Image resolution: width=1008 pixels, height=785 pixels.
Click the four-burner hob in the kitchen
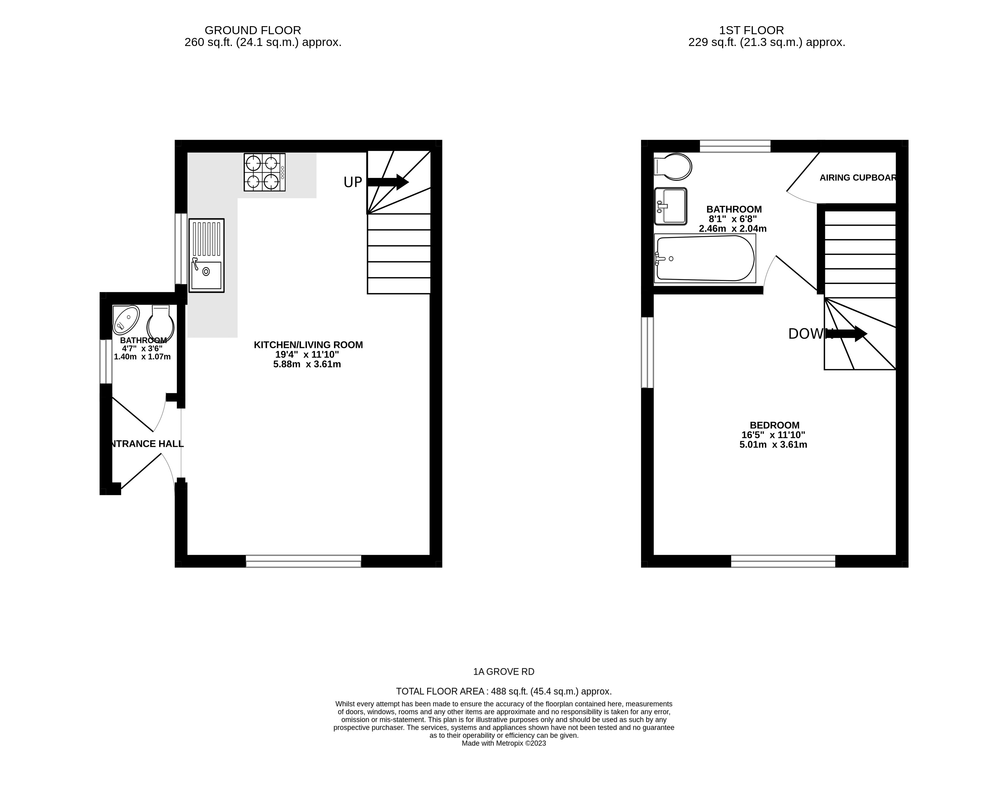(x=264, y=172)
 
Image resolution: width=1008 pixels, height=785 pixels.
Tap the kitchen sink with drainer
(x=206, y=255)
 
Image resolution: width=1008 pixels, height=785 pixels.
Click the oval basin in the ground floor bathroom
(x=126, y=320)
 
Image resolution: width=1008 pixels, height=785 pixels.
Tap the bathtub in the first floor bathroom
(x=705, y=258)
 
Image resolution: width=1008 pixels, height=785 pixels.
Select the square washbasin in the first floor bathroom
(x=671, y=206)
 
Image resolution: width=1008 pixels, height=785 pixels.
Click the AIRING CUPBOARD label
(x=858, y=178)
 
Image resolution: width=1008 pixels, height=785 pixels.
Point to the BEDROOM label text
(x=774, y=425)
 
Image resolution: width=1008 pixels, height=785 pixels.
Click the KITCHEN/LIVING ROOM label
(x=308, y=345)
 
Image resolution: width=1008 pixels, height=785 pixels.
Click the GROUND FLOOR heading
(x=253, y=30)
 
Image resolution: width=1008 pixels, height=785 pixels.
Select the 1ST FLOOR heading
(x=751, y=30)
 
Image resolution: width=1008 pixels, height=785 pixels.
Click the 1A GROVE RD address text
(x=504, y=672)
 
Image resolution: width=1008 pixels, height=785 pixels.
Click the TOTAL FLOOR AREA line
(x=504, y=691)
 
